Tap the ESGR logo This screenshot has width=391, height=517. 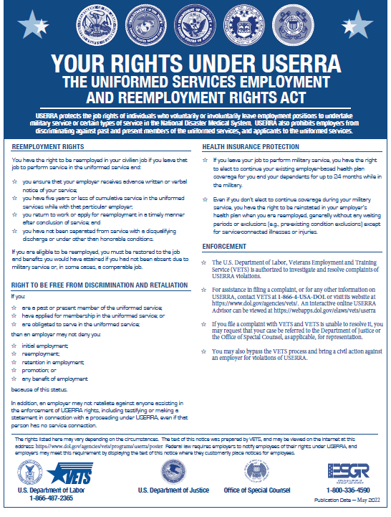[x=348, y=471]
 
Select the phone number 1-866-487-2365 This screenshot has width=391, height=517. [x=52, y=497]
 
